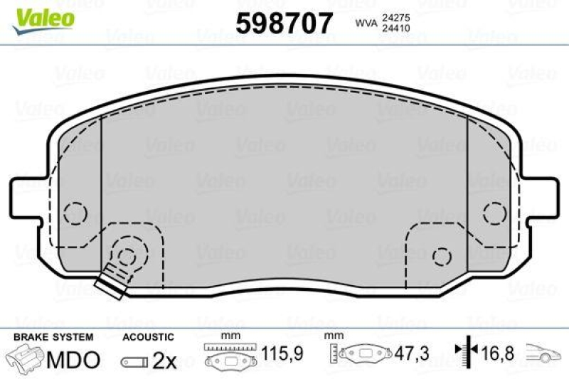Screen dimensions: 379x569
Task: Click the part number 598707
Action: [x=284, y=24]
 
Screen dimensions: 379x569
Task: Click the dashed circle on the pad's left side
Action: [x=75, y=213]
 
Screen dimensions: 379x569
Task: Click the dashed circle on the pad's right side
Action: [x=493, y=212]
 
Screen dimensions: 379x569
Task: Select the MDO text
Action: [x=73, y=360]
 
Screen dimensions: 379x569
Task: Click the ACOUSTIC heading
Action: [x=148, y=336]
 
